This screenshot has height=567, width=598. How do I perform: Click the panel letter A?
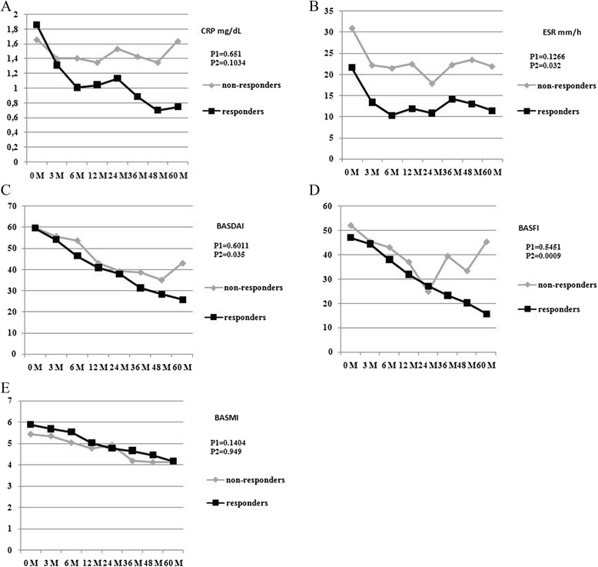click(8, 8)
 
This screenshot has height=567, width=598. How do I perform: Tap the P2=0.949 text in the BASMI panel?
click(228, 455)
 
